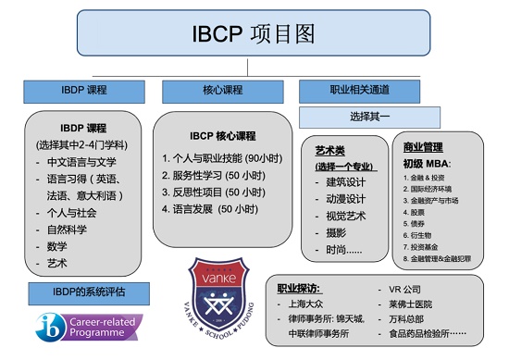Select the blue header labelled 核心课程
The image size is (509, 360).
point(209,91)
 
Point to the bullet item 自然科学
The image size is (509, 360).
point(69,229)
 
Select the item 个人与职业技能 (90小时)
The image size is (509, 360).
point(216,157)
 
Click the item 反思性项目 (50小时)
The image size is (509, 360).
point(209,192)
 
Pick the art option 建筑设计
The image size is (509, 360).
point(347,181)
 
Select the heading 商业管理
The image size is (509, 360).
point(424,147)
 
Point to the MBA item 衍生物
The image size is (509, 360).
point(426,235)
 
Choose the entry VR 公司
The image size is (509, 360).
point(416,288)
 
